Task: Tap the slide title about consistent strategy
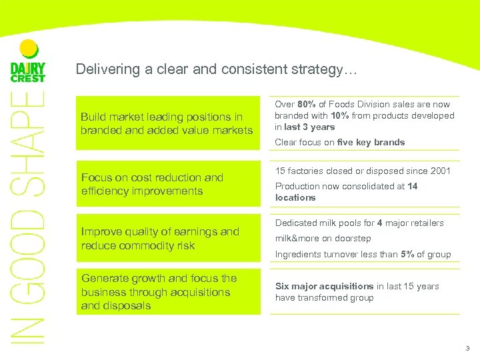pos(217,69)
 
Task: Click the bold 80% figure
pos(306,105)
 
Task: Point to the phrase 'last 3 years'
pos(310,127)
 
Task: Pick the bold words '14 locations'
pos(347,192)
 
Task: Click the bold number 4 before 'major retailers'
pos(379,223)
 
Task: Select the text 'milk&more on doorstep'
pos(323,238)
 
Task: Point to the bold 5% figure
pos(407,254)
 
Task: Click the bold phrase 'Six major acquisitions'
pos(324,286)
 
